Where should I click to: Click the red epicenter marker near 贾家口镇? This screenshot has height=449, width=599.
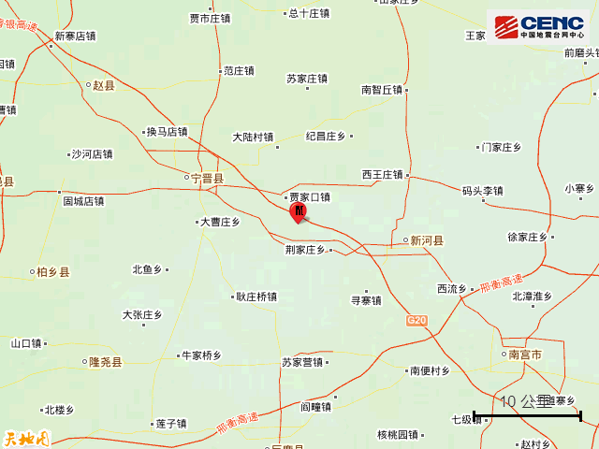299,214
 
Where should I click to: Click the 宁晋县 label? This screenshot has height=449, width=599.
207,178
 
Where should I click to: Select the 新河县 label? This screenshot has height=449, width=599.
427,240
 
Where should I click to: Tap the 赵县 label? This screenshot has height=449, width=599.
103,85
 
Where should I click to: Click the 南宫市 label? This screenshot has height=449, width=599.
525,355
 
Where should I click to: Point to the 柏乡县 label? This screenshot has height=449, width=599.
52,272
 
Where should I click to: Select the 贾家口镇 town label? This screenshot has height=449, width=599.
309,197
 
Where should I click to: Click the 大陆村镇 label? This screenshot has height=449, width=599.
253,138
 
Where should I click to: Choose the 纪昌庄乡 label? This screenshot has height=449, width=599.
326,137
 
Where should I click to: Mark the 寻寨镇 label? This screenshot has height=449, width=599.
366,300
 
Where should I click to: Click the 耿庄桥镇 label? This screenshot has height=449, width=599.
256,297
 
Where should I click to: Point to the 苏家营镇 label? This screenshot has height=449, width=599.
302,362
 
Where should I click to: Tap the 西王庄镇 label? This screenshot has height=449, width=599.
382,174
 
